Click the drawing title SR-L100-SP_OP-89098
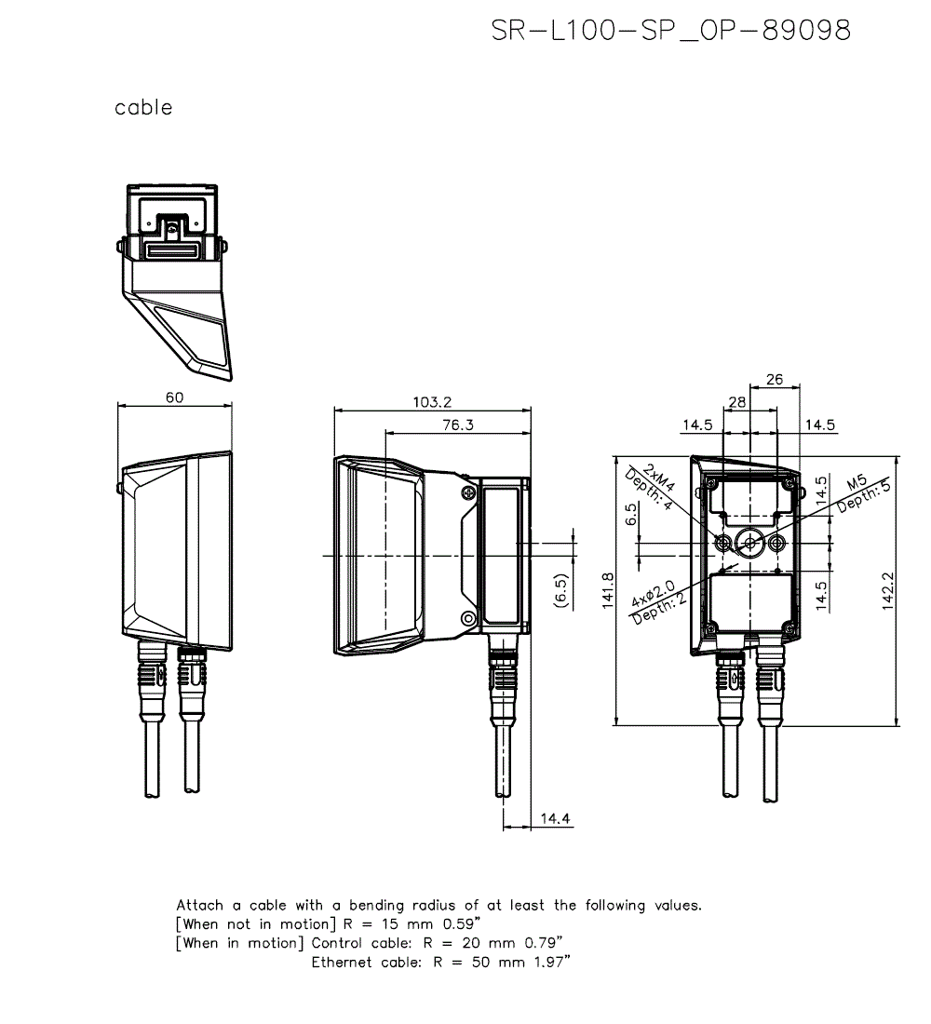(670, 31)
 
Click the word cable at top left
(143, 108)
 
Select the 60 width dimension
(174, 397)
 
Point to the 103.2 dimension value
(432, 402)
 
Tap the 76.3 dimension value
(456, 425)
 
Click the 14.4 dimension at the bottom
(555, 819)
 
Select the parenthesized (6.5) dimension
(560, 592)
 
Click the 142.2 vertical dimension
(887, 590)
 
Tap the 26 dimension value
(774, 380)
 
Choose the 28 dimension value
(737, 401)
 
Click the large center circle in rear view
(749, 542)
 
